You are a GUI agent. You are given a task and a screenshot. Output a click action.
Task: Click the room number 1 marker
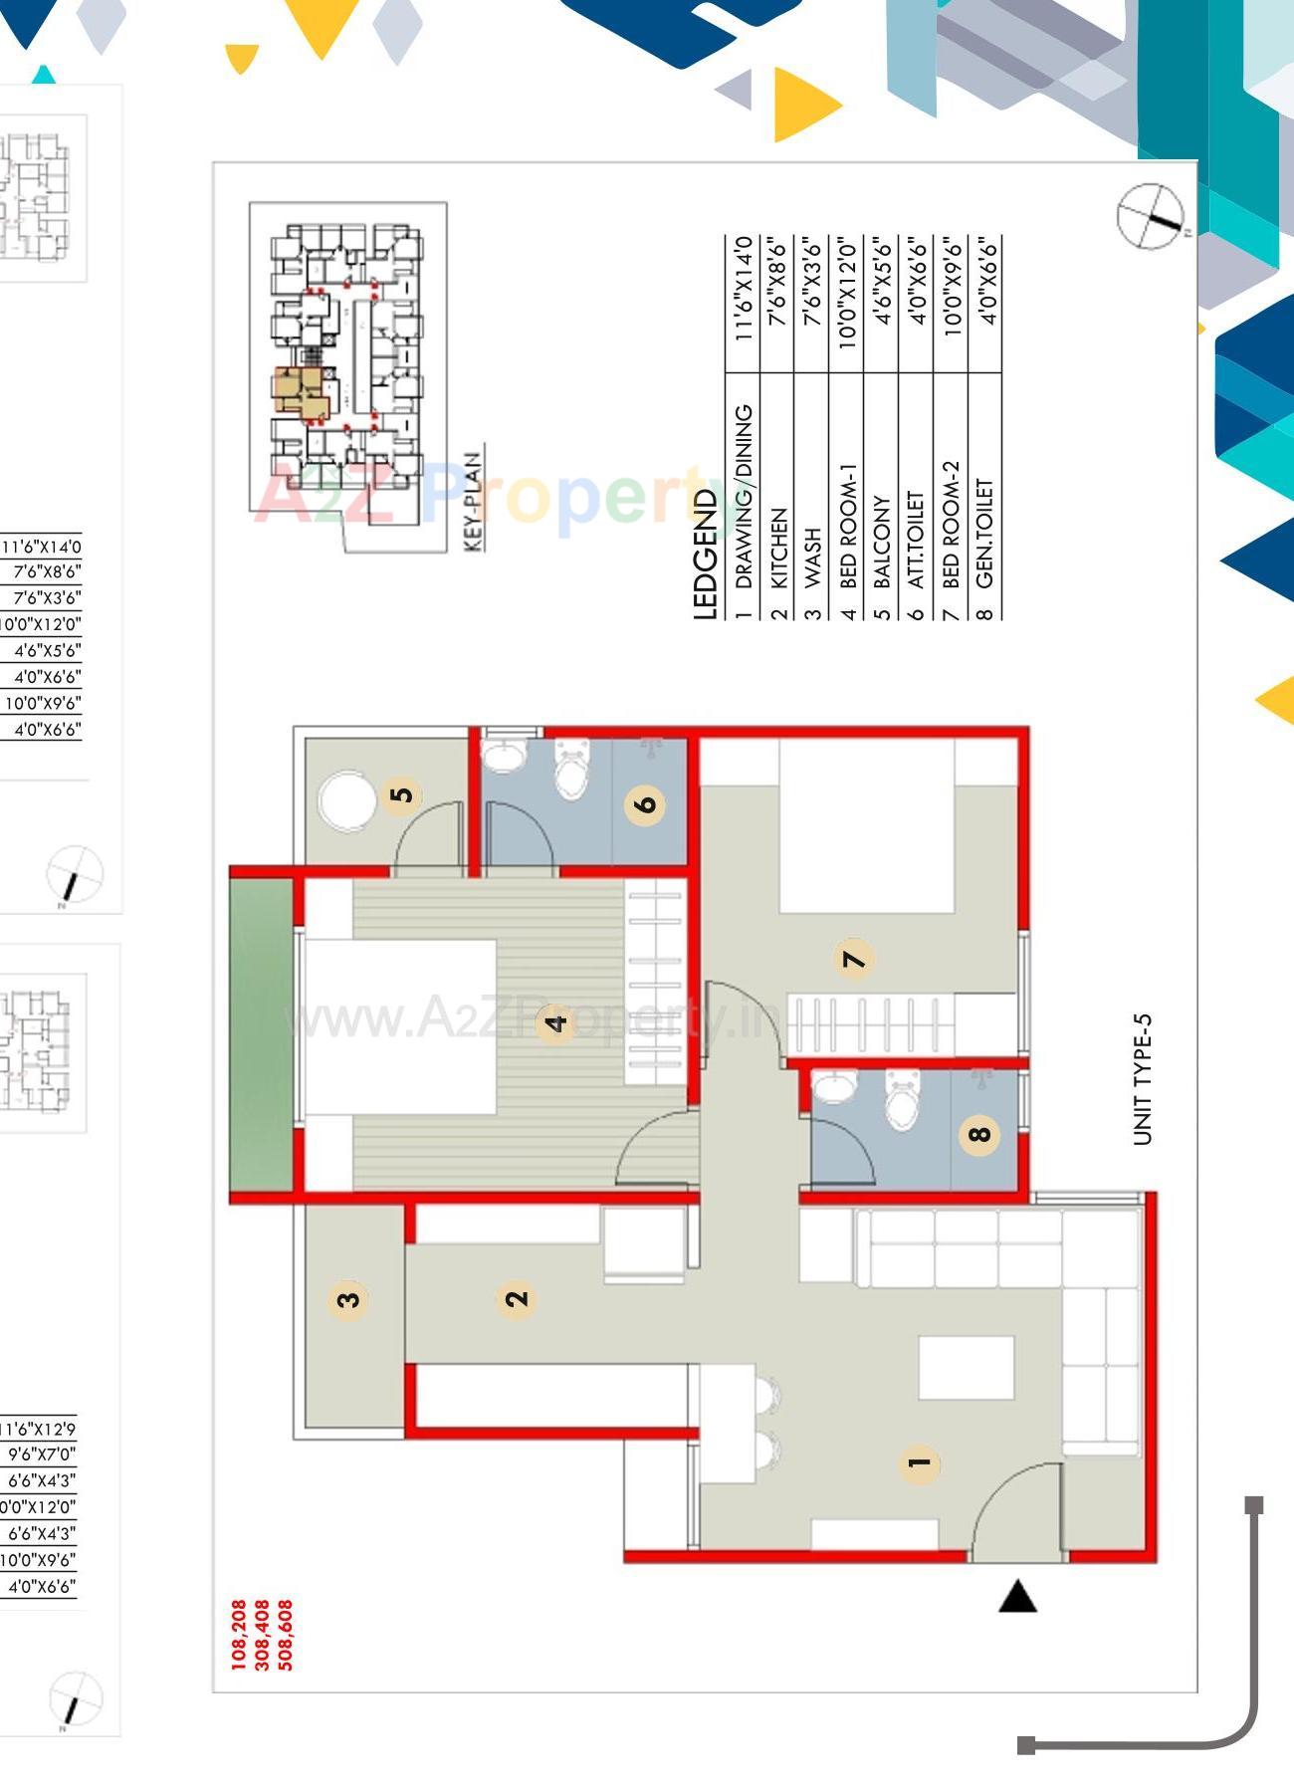[x=919, y=1462]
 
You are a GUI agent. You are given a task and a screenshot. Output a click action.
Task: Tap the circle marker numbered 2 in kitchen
[x=517, y=1298]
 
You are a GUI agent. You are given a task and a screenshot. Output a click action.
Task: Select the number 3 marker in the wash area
[x=347, y=1299]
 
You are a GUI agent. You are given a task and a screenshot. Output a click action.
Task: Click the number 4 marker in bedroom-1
[x=555, y=1021]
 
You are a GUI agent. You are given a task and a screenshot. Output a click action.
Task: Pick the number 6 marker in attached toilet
[x=646, y=802]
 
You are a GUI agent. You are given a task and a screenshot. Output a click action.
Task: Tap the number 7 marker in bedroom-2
[x=854, y=959]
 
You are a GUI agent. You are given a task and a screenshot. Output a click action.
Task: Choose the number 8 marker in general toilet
[x=979, y=1133]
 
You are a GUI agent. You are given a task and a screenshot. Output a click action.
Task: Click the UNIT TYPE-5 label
[x=1142, y=1079]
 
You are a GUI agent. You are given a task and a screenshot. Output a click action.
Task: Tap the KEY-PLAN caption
[x=474, y=501]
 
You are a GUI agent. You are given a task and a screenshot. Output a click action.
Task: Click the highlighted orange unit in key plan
[x=302, y=391]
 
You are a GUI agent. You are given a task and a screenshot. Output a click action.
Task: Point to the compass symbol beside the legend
[x=1151, y=215]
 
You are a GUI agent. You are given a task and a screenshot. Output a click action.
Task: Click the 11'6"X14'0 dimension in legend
[x=743, y=289]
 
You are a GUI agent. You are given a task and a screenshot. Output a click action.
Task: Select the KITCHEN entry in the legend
[x=778, y=549]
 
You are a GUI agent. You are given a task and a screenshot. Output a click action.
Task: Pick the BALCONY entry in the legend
[x=881, y=543]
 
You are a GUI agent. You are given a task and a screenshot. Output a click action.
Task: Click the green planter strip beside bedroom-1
[x=261, y=1035]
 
